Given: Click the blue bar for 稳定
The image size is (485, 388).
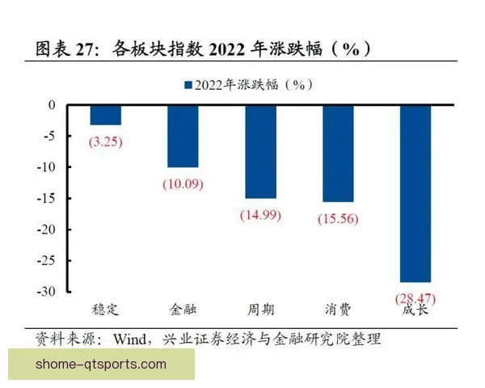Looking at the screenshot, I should coord(105,115).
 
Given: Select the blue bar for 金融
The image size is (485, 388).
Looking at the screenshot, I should coord(183,136).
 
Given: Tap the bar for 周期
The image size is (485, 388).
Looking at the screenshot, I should coord(260,151).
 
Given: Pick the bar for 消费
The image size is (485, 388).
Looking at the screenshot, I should coord(338,153).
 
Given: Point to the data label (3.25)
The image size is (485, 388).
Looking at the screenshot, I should coord(106,141).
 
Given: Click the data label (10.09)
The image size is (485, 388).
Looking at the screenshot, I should coord(183,183).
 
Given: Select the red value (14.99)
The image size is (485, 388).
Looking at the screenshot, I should coord(260,215).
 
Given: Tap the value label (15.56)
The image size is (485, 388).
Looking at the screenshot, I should coord(338,218).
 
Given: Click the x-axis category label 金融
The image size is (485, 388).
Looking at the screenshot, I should coord(183,310).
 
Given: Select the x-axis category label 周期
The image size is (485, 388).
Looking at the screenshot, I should coord(260,310).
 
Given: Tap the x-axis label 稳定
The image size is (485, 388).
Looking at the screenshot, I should coord(105,310).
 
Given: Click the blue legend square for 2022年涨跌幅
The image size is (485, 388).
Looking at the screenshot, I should coord(188,84).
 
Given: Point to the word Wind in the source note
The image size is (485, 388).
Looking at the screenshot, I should coord(132,338).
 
